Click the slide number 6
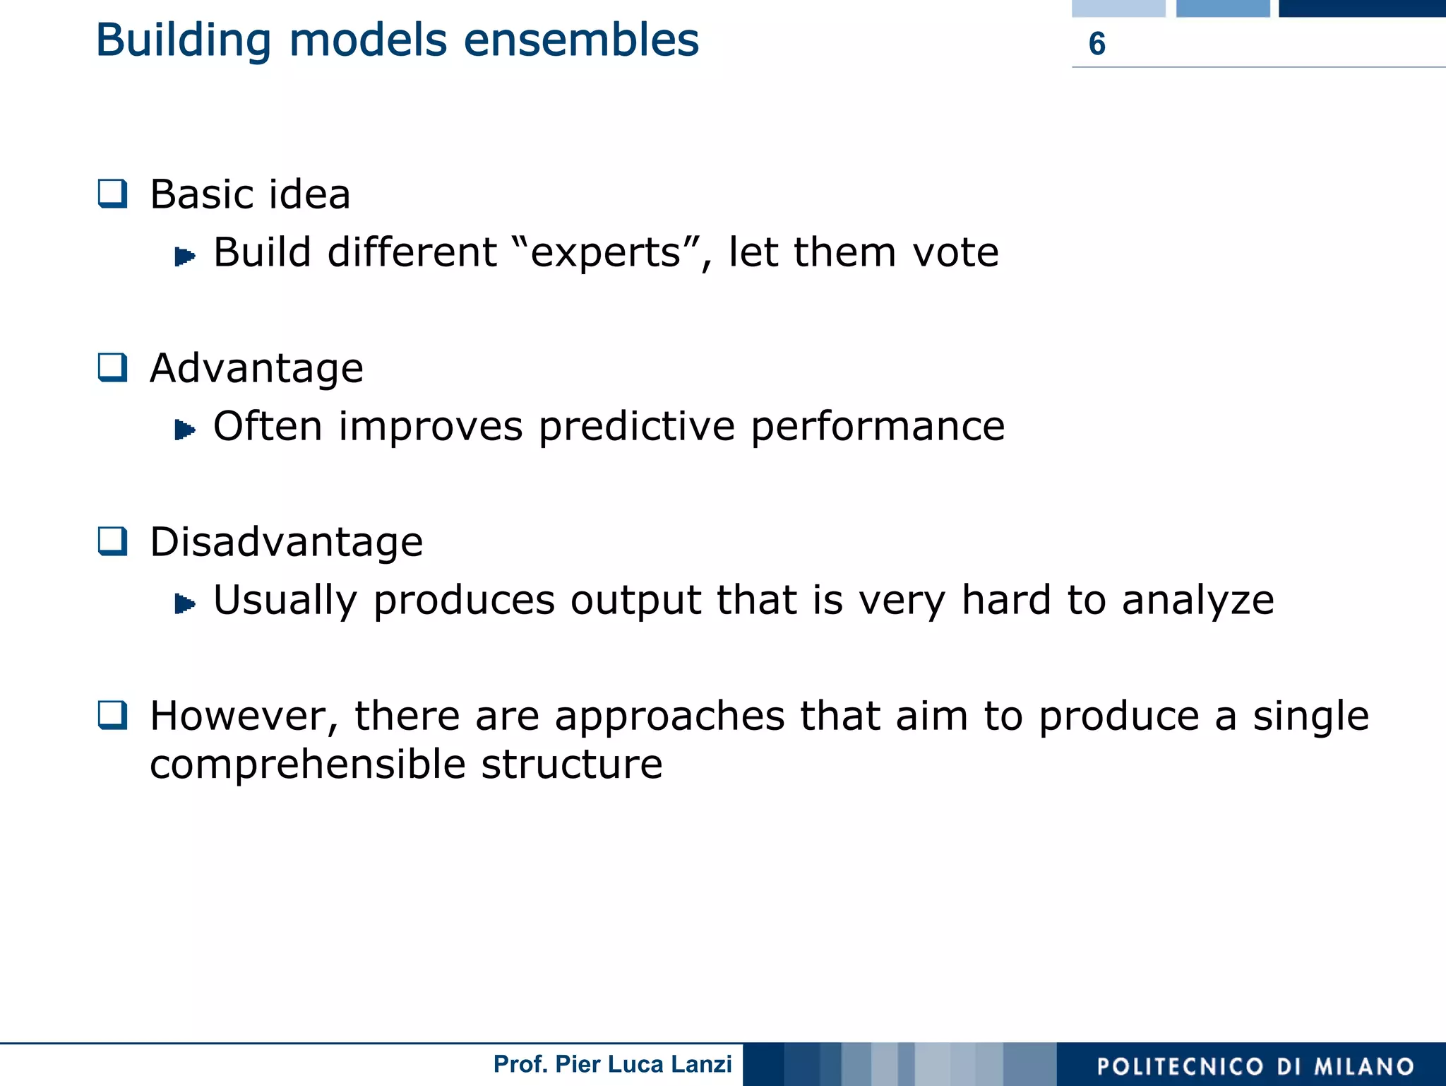(x=1097, y=44)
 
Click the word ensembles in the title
(x=580, y=40)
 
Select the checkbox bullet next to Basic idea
(x=112, y=194)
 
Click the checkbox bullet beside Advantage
(x=112, y=367)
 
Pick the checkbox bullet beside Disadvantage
(x=112, y=541)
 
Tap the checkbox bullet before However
(x=112, y=715)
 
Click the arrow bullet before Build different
(x=184, y=256)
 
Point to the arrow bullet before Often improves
(x=184, y=429)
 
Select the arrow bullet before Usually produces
(x=184, y=603)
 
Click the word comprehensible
(x=307, y=765)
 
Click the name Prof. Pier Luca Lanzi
(x=612, y=1064)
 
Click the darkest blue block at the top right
(x=1361, y=8)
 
